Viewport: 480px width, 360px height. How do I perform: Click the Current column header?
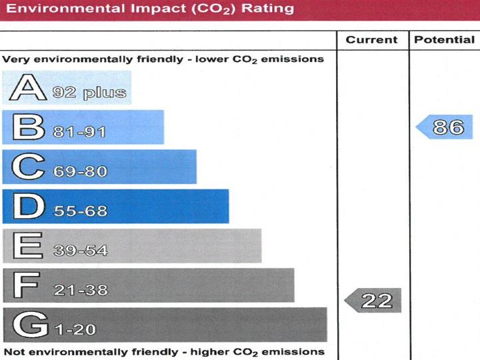pos(372,40)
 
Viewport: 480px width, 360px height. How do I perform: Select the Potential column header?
pos(444,40)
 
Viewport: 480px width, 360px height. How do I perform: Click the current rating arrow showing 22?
pos(373,301)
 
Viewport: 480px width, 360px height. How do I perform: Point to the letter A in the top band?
pos(25,88)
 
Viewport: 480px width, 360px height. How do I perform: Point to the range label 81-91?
pos(79,132)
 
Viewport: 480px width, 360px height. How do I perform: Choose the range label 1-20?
pos(75,329)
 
